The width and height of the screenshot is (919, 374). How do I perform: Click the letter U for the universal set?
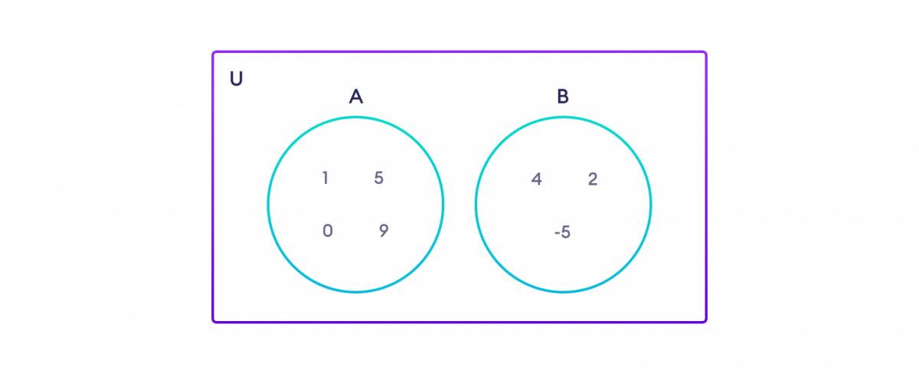click(236, 79)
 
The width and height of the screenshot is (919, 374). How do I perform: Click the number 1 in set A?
click(325, 179)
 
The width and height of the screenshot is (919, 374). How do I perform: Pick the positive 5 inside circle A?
click(378, 179)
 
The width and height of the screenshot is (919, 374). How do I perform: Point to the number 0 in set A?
click(327, 231)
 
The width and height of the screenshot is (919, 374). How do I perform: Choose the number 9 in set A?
click(384, 231)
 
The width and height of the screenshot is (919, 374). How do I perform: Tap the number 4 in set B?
click(536, 179)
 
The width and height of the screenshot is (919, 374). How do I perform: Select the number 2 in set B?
click(593, 179)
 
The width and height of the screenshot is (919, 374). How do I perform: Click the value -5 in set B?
click(563, 233)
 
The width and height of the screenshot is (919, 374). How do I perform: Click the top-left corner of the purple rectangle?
click(214, 53)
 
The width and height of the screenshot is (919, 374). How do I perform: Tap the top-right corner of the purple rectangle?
click(705, 53)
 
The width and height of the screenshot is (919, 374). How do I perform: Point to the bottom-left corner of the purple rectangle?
click(214, 321)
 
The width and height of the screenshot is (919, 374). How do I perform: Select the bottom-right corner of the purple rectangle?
click(705, 321)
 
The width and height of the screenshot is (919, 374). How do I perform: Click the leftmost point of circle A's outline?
click(268, 204)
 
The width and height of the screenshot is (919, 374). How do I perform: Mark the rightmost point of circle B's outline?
click(651, 204)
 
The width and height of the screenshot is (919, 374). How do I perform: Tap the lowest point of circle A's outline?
click(356, 291)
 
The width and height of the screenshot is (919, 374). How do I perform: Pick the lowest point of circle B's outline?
click(563, 291)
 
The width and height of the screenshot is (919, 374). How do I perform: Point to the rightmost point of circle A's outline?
click(443, 204)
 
